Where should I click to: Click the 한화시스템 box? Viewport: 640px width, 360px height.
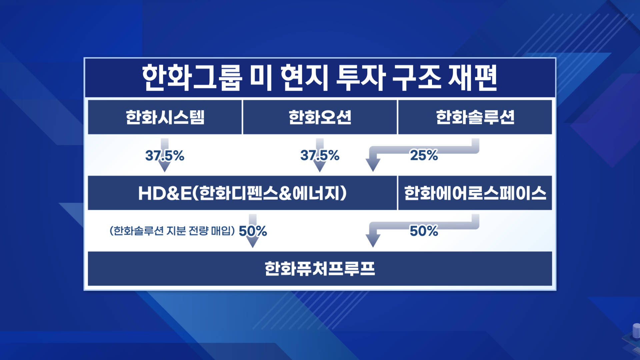click(x=165, y=117)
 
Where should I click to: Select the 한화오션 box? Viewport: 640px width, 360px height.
click(x=320, y=117)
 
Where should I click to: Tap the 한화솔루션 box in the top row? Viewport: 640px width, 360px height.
click(x=475, y=117)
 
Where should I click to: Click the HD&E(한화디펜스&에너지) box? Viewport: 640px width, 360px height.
click(x=242, y=193)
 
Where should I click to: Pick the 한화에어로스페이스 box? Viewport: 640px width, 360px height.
click(x=475, y=193)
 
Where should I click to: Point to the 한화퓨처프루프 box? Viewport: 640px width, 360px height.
click(x=320, y=269)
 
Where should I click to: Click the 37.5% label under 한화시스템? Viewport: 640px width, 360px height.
click(x=165, y=155)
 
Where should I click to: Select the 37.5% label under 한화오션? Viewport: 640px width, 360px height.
click(x=320, y=155)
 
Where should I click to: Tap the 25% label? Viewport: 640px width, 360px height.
click(x=424, y=155)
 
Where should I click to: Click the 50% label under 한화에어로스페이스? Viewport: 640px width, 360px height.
click(x=424, y=231)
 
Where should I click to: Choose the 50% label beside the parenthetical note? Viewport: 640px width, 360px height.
click(x=253, y=231)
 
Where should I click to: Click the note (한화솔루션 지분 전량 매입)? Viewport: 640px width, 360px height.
click(x=172, y=231)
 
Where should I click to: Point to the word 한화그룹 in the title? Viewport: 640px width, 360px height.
click(x=192, y=78)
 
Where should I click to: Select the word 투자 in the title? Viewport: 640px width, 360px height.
click(x=361, y=78)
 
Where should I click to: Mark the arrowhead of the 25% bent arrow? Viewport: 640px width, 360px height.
click(x=373, y=165)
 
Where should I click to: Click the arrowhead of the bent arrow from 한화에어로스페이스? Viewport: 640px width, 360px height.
click(x=373, y=241)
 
